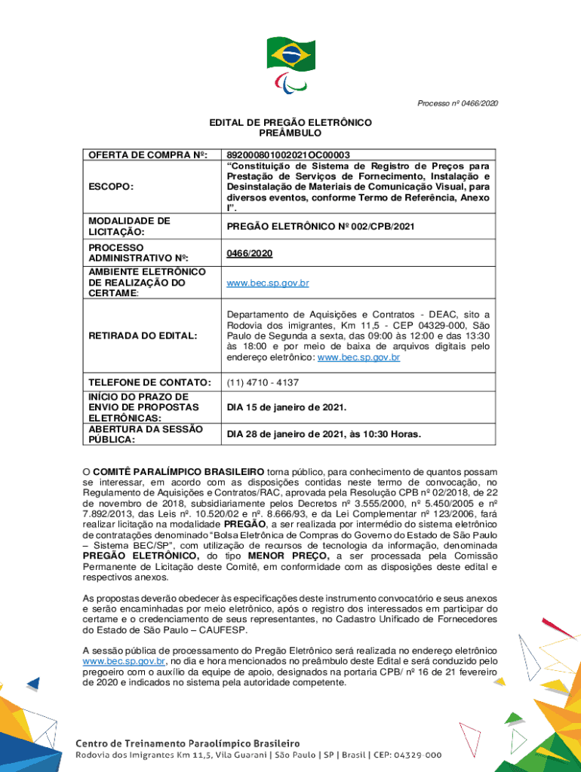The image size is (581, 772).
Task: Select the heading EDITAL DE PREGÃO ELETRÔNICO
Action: (x=290, y=122)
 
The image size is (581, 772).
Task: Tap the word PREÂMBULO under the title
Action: (x=290, y=133)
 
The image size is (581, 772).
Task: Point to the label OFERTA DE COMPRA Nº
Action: (x=148, y=155)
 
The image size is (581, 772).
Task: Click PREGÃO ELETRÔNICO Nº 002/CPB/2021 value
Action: (x=320, y=226)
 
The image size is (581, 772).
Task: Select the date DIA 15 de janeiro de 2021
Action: (x=287, y=408)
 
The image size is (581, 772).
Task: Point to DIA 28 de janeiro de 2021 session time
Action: (x=324, y=434)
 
